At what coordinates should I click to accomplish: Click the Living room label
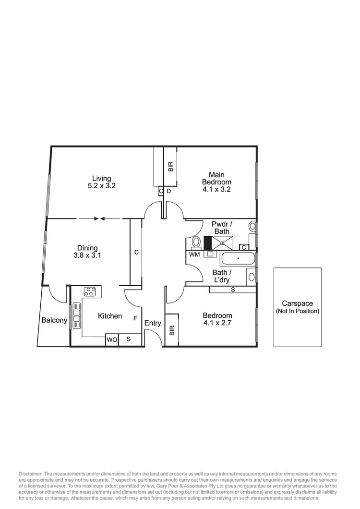(102, 178)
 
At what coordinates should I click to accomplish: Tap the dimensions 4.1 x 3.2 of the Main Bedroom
(216, 189)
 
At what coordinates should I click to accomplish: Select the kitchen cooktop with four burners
(90, 291)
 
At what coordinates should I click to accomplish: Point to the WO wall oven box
(112, 339)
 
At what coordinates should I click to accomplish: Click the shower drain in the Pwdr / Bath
(223, 243)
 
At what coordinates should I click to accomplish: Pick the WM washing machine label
(194, 254)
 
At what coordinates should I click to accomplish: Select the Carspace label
(297, 303)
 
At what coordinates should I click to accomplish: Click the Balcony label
(54, 320)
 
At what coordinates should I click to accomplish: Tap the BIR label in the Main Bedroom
(170, 166)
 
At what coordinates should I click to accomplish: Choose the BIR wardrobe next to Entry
(172, 330)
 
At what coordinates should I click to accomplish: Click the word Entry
(153, 323)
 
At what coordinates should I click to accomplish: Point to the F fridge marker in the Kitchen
(136, 318)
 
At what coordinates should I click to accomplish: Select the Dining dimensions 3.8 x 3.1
(87, 255)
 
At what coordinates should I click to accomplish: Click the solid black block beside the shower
(208, 243)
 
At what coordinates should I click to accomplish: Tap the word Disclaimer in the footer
(32, 473)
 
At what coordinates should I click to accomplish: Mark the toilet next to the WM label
(195, 242)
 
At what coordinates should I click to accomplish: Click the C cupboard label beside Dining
(136, 251)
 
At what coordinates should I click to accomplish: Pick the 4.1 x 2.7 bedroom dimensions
(217, 323)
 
